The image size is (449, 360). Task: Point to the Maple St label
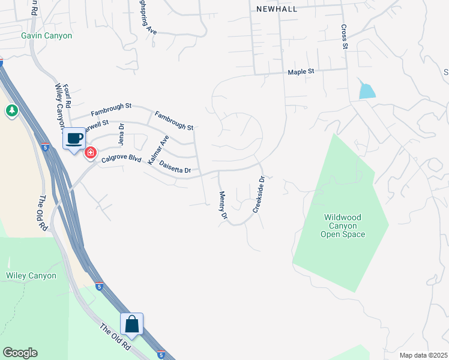[301, 72]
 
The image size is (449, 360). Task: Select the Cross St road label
[345, 37]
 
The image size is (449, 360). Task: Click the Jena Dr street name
[121, 134]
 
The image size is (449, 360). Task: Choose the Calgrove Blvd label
[121, 160]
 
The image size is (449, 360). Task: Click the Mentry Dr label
[223, 205]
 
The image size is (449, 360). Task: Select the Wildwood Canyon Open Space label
[344, 226]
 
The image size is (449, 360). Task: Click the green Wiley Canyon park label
[31, 276]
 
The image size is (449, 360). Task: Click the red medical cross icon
[91, 153]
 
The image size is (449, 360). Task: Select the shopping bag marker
[132, 325]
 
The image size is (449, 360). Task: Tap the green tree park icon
[11, 111]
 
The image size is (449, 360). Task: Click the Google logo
[20, 353]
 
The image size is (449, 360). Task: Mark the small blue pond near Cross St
[366, 91]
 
